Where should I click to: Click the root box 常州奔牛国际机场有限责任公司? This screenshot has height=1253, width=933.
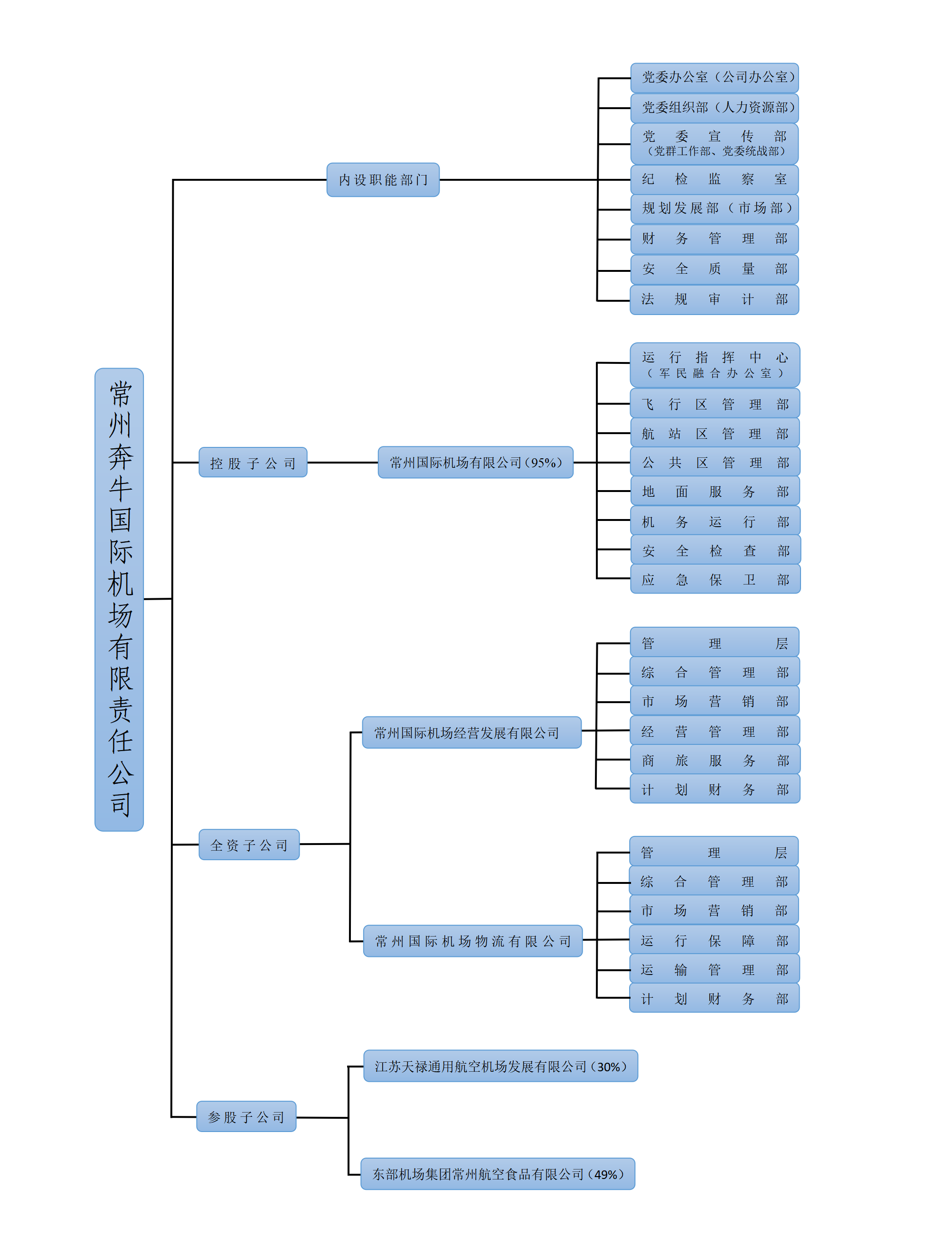119,599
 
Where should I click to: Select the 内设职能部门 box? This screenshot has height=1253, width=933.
383,180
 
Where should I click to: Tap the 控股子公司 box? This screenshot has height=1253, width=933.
253,463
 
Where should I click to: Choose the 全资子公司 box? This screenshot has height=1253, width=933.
249,845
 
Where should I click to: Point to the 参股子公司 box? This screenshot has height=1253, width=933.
246,1116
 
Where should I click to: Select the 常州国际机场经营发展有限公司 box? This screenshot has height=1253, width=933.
471,733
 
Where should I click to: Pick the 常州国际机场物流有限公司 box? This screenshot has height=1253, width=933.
473,941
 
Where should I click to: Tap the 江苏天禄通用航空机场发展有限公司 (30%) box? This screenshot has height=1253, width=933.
500,1066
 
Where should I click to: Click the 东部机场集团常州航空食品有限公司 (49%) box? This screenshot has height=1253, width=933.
498,1174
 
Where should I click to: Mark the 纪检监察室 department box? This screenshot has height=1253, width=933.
715,179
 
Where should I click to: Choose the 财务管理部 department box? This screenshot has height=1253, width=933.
715,239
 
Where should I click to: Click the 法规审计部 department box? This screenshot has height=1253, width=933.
715,299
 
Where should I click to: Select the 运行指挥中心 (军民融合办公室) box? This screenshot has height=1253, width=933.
715,365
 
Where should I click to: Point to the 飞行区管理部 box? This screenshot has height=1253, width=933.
715,404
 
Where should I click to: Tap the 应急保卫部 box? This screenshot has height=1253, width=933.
715,580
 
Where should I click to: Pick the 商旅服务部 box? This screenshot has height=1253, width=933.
715,760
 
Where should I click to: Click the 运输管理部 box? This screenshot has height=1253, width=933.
715,970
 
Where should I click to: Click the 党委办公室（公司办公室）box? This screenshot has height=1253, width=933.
715,77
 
